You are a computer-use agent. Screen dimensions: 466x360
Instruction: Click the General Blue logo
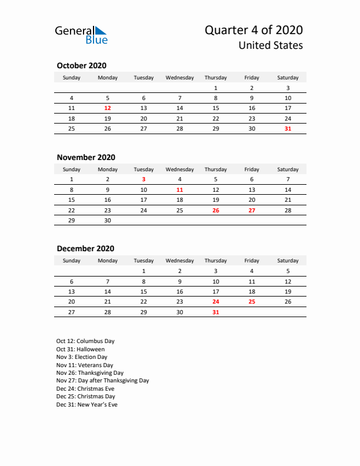click(81, 35)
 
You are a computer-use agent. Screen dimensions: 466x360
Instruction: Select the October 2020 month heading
click(81, 65)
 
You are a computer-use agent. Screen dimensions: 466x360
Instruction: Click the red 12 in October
click(108, 108)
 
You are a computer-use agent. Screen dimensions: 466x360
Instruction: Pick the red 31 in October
click(288, 128)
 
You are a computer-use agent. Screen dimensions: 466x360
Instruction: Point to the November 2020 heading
click(86, 157)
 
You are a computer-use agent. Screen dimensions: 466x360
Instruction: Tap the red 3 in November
click(144, 179)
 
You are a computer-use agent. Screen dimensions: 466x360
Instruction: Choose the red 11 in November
click(179, 190)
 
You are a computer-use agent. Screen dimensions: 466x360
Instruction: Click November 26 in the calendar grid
click(215, 210)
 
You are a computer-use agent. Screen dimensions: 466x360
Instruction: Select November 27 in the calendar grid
click(252, 210)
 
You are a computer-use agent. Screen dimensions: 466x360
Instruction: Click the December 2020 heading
click(85, 249)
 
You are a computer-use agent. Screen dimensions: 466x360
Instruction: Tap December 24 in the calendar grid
click(215, 302)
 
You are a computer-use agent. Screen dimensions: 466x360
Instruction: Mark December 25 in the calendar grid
click(252, 302)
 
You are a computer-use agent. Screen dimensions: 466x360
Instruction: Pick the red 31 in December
click(215, 312)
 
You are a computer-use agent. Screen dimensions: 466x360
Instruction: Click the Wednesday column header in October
click(179, 78)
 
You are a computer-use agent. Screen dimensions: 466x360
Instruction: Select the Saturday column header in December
click(288, 261)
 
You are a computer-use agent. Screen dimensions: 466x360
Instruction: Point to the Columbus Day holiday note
click(85, 341)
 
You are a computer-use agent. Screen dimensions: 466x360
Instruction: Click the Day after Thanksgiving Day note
click(102, 381)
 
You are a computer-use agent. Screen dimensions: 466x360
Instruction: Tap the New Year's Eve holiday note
click(87, 405)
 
